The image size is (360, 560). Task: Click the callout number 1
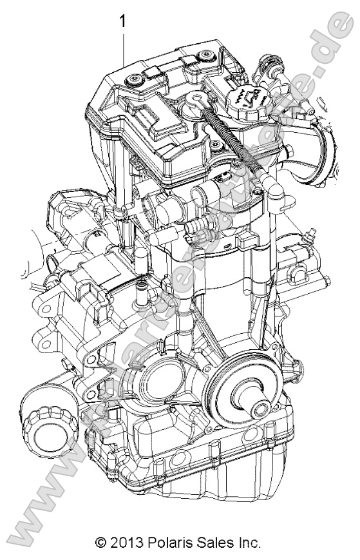122,22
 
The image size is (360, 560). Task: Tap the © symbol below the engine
101,543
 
